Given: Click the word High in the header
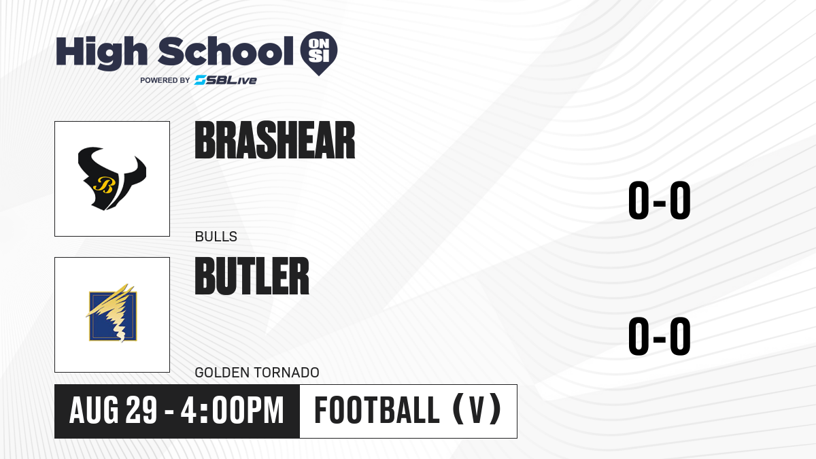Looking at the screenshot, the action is coord(101,52).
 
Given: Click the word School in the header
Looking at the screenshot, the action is coord(226,51).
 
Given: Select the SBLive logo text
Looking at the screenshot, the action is coord(226,80).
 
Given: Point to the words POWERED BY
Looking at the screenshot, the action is coord(165,80).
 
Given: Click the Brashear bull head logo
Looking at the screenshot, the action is coord(112,178).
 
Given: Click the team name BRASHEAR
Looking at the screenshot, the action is coord(275,140).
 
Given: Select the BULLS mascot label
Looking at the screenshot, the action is coord(216,237).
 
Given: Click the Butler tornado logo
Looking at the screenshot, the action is coord(112,313).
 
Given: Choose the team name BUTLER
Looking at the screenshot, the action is coord(252,276).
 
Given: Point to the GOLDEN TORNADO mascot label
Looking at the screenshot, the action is coord(257,373).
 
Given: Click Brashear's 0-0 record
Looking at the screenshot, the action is coord(660,201).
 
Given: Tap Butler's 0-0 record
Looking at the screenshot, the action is coord(660,336).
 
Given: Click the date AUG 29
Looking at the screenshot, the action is coord(114,411).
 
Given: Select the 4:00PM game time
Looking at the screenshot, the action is coord(232,411).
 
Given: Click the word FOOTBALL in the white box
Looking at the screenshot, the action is coord(377,411).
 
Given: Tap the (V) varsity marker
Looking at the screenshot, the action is coord(477,410).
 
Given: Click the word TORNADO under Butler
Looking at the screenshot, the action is coord(288,373).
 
